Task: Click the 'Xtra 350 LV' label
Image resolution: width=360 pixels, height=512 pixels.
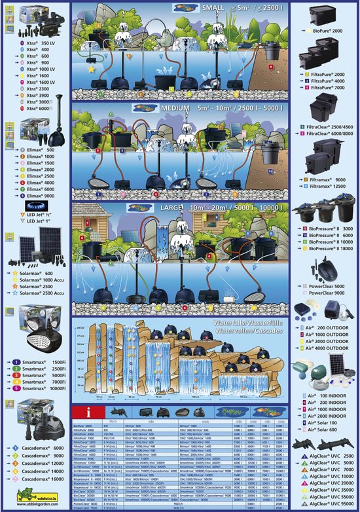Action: pyautogui.click(x=37, y=42)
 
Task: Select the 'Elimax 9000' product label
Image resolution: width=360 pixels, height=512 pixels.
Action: pyautogui.click(x=41, y=195)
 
